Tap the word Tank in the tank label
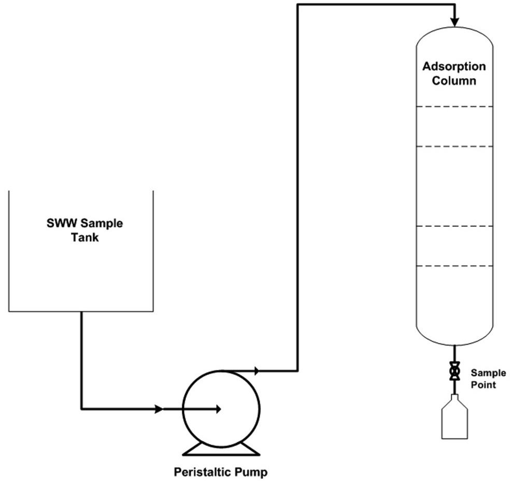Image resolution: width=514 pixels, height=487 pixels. tap(85, 238)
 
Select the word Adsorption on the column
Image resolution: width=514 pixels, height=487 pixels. tap(454, 67)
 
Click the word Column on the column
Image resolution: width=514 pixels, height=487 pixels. tap(454, 81)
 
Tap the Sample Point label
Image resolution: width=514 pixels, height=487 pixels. tap(483, 378)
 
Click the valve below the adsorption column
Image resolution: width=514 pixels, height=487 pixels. tap(454, 371)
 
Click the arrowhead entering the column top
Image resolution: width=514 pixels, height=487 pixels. tap(454, 22)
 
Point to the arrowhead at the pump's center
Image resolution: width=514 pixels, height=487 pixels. tap(218, 409)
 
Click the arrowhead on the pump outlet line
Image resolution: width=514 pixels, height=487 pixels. tap(256, 370)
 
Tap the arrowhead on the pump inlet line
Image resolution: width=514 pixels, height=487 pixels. tap(159, 409)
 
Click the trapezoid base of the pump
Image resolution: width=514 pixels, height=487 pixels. tap(222, 449)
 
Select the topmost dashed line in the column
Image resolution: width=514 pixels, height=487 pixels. tap(454, 107)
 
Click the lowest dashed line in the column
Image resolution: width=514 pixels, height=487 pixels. tap(454, 266)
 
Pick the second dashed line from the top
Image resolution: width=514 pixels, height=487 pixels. tap(454, 147)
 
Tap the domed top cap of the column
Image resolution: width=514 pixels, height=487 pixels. tap(454, 36)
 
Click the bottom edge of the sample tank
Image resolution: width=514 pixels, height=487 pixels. tap(81, 311)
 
